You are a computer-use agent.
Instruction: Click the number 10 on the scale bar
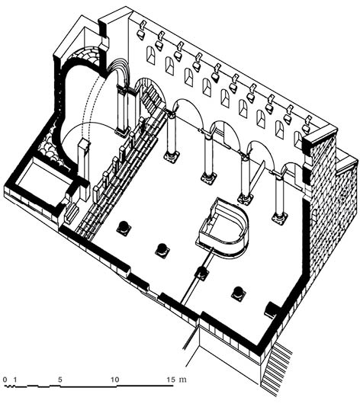pyautogui.click(x=114, y=380)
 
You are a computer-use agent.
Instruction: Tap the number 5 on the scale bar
pyautogui.click(x=60, y=380)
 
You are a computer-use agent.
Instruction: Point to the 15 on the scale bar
pyautogui.click(x=171, y=380)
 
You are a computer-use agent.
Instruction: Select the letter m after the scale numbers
pyautogui.click(x=182, y=380)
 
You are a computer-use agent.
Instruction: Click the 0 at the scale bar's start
pyautogui.click(x=5, y=380)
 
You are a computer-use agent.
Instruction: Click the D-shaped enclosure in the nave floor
pyautogui.click(x=223, y=228)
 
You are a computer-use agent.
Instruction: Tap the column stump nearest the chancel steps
pyautogui.click(x=124, y=228)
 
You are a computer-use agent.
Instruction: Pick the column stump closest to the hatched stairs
pyautogui.click(x=239, y=293)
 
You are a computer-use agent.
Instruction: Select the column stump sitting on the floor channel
pyautogui.click(x=202, y=273)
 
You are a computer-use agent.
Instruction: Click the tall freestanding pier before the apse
pyautogui.click(x=84, y=168)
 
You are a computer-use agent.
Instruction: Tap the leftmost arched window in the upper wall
pyautogui.click(x=151, y=55)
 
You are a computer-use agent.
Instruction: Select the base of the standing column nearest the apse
pyautogui.click(x=172, y=157)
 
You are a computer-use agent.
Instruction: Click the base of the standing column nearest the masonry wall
pyautogui.click(x=279, y=218)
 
